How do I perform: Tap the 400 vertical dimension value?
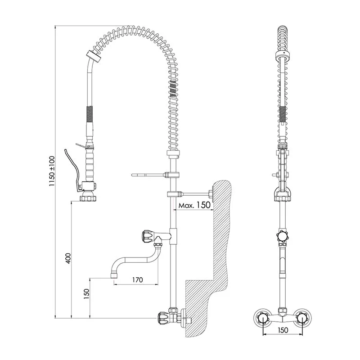click(x=68, y=258)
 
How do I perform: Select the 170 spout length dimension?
click(x=137, y=279)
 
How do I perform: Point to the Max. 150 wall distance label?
click(x=194, y=205)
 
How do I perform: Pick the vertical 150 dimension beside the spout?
click(x=86, y=294)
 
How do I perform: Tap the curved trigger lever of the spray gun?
click(x=72, y=170)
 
